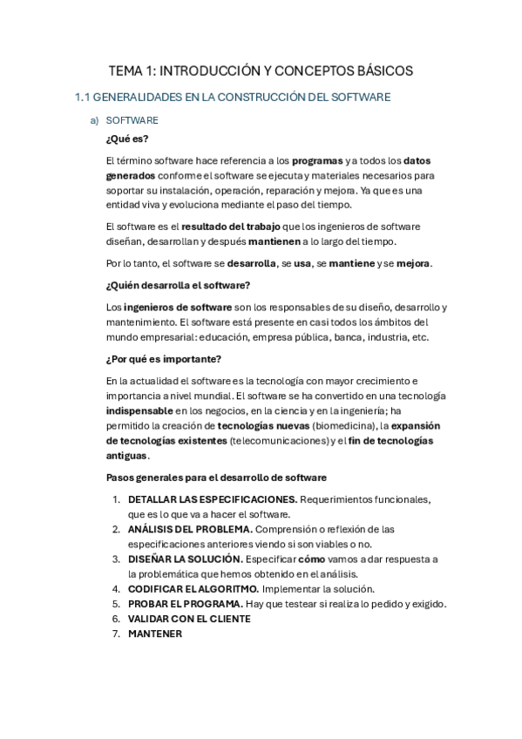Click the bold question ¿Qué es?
[126, 139]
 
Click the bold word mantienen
[275, 241]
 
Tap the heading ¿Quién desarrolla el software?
[178, 285]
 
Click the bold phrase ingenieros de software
[178, 307]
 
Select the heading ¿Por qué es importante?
[164, 359]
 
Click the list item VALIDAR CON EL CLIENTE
[189, 619]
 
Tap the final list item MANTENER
[154, 634]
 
